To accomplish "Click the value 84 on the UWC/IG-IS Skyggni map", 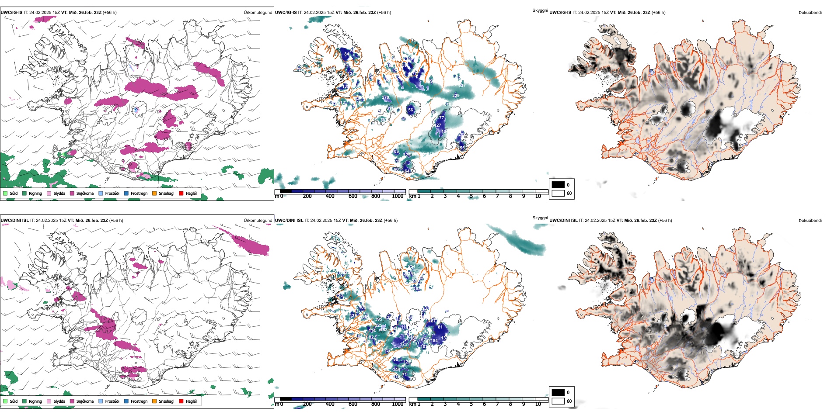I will [x=347, y=54].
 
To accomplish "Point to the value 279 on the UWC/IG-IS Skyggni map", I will [x=385, y=97].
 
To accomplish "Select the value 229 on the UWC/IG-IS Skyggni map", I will [x=456, y=95].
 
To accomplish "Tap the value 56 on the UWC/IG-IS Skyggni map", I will [x=411, y=110].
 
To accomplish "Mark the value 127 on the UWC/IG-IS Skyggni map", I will [x=438, y=125].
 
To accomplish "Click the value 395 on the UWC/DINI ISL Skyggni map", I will [x=378, y=319].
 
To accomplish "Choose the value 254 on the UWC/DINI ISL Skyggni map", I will [x=412, y=266].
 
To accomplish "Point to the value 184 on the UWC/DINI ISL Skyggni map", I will [x=434, y=341].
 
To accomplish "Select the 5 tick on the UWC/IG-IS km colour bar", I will [x=471, y=196].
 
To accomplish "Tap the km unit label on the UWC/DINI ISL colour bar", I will [x=412, y=404].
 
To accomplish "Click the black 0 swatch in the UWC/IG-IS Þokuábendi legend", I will [x=558, y=185].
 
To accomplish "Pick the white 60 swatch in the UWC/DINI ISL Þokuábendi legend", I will [x=558, y=401].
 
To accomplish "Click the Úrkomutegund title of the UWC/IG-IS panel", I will [x=258, y=13].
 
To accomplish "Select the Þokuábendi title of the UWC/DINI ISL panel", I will [x=810, y=221].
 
